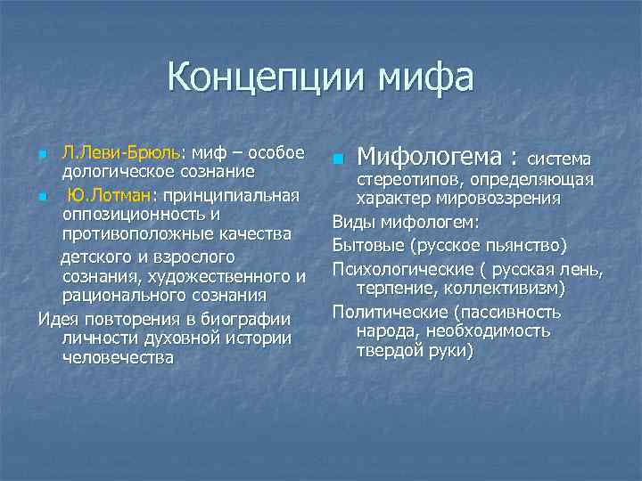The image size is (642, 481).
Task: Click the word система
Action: (560, 159)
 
